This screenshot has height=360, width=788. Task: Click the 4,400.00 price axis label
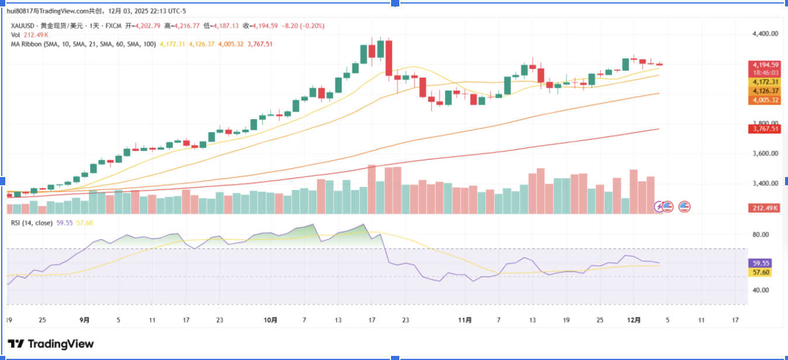tap(765, 34)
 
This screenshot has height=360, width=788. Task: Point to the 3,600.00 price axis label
tap(765, 154)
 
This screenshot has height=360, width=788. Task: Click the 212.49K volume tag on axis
tap(766, 208)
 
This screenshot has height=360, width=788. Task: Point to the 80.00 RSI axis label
tap(761, 235)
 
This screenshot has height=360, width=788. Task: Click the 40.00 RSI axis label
tap(761, 290)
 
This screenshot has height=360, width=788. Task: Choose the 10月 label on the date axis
tap(270, 320)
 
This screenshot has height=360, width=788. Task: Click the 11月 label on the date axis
tap(465, 320)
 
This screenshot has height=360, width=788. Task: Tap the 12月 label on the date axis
tap(634, 320)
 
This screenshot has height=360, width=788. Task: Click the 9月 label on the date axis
tap(85, 320)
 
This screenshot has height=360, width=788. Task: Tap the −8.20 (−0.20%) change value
tap(303, 26)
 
